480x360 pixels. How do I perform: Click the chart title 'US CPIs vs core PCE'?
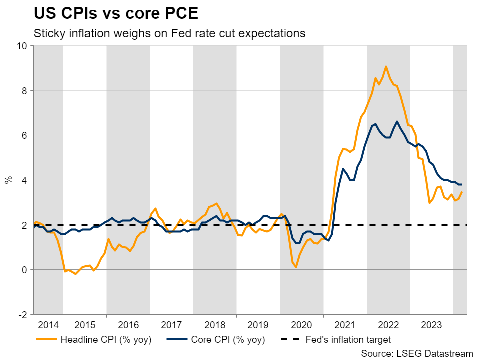tap(116, 14)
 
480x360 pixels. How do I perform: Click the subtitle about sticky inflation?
tap(169, 34)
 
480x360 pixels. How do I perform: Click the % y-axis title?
tap(8, 180)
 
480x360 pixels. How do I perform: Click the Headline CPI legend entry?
tap(94, 340)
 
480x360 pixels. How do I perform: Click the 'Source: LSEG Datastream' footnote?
tap(416, 353)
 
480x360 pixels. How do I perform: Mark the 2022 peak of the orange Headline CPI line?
tap(386, 66)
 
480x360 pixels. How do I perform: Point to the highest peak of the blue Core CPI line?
tap(397, 121)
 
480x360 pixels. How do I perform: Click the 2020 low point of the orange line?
tap(296, 267)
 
